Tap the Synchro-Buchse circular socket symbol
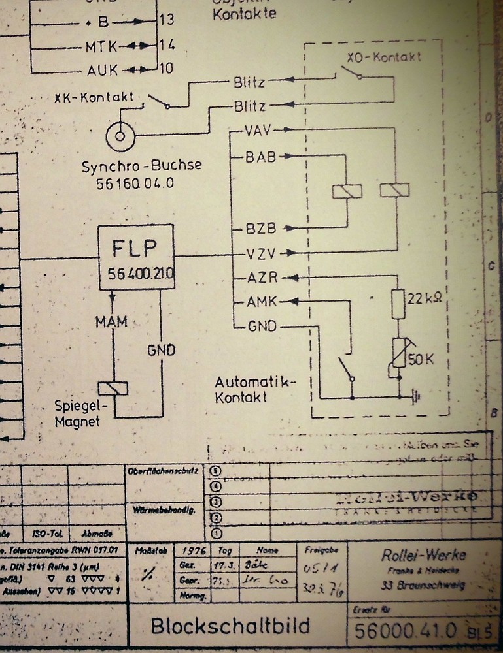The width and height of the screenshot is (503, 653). point(120,135)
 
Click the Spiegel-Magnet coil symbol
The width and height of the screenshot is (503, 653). point(112,389)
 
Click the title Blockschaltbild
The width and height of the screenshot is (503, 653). point(230,626)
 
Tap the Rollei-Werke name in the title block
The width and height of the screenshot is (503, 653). point(424,555)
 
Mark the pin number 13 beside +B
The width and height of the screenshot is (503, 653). point(167,20)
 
